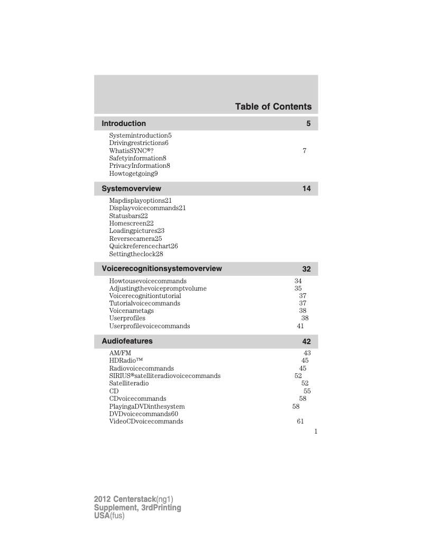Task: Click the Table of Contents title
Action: (273, 107)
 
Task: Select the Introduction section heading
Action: (124, 123)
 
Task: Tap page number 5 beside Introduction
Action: (308, 124)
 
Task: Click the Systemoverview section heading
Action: (131, 188)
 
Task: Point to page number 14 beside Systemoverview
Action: (307, 189)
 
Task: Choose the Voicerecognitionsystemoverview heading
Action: (161, 268)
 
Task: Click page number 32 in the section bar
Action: (307, 269)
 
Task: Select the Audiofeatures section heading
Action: (127, 341)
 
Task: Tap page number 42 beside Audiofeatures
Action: (307, 342)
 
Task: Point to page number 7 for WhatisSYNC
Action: (304, 151)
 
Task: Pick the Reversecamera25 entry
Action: (135, 239)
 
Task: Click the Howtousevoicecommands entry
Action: (148, 281)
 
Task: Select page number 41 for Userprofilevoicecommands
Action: (300, 327)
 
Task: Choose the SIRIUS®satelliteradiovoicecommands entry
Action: (164, 376)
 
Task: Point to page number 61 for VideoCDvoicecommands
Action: (300, 422)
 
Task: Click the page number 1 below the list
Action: (316, 431)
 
